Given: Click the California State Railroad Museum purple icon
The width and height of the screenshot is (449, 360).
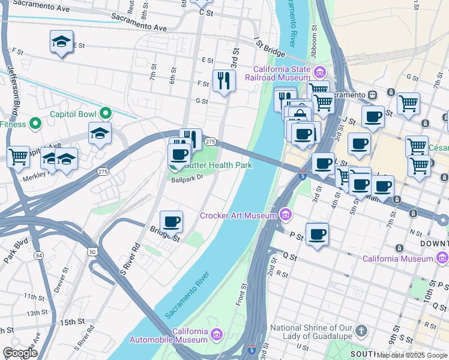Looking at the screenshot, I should [x=320, y=73].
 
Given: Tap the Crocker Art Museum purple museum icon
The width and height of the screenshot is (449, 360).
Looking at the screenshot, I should [x=285, y=215].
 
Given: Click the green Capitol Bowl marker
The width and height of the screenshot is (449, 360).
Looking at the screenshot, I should [x=106, y=112].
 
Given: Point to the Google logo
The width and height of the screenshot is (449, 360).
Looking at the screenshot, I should [x=20, y=353].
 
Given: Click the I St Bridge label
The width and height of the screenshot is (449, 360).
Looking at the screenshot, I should [x=269, y=48].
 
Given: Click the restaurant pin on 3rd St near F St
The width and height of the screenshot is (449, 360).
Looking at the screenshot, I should [x=224, y=80].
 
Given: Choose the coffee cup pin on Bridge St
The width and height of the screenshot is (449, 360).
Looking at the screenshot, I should [x=171, y=221].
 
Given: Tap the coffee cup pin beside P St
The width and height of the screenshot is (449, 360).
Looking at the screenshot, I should [x=317, y=233].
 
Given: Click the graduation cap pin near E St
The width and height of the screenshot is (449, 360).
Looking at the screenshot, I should [x=61, y=41].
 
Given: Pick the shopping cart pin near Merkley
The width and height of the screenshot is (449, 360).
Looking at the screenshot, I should [x=18, y=157].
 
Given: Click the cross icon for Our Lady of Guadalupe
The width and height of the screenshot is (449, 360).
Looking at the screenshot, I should [x=361, y=331].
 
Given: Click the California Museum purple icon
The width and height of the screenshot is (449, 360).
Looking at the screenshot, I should [x=442, y=258].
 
